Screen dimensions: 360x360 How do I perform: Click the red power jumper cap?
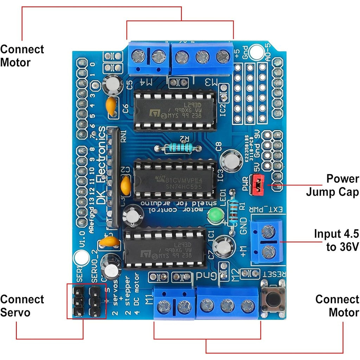[258, 185]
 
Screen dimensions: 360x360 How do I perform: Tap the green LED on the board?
[214, 216]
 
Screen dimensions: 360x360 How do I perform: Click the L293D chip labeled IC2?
[174, 109]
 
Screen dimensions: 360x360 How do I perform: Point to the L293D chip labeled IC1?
[165, 248]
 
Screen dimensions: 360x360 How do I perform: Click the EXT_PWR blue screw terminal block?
[267, 242]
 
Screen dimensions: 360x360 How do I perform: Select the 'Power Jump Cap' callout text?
[332, 185]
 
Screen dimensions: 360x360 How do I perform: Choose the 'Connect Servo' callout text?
[22, 306]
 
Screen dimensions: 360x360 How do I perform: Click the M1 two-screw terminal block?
[174, 304]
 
